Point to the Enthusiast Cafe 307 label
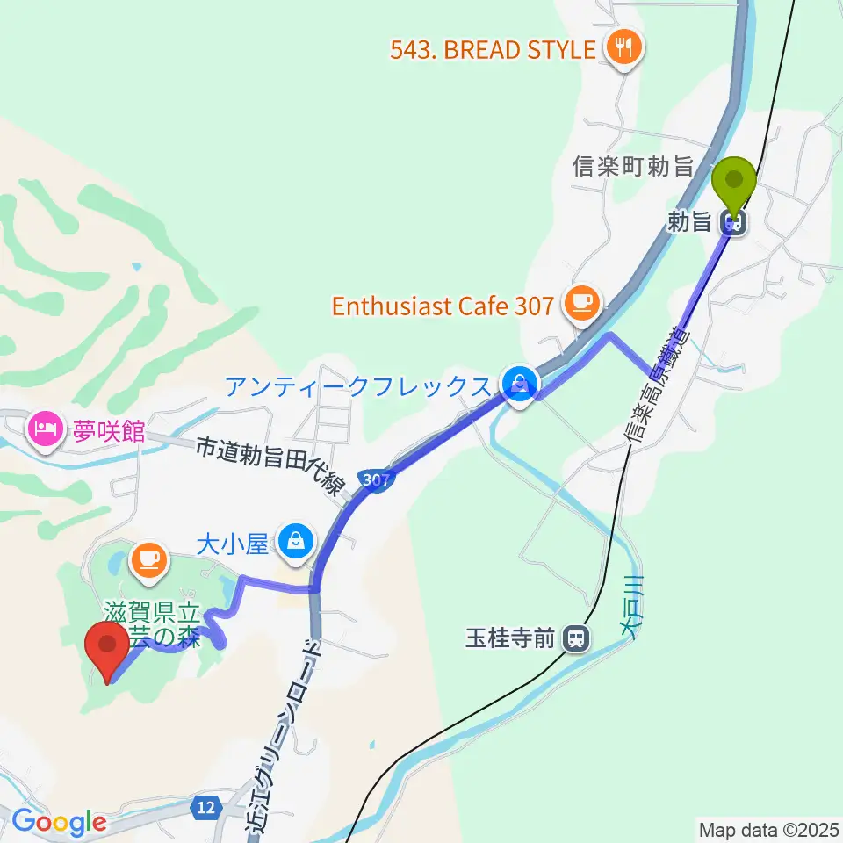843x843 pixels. click(x=443, y=306)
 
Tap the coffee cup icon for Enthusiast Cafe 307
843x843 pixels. click(x=580, y=303)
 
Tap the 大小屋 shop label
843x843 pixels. click(x=231, y=544)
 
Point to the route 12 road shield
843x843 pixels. click(x=206, y=807)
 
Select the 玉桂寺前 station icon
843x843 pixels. click(x=576, y=638)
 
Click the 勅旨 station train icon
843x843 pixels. click(x=734, y=223)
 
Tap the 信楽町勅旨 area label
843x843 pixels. click(x=632, y=166)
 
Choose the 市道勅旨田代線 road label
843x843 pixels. click(x=269, y=465)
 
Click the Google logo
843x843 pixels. click(x=58, y=823)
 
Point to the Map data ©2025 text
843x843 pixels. click(x=767, y=829)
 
